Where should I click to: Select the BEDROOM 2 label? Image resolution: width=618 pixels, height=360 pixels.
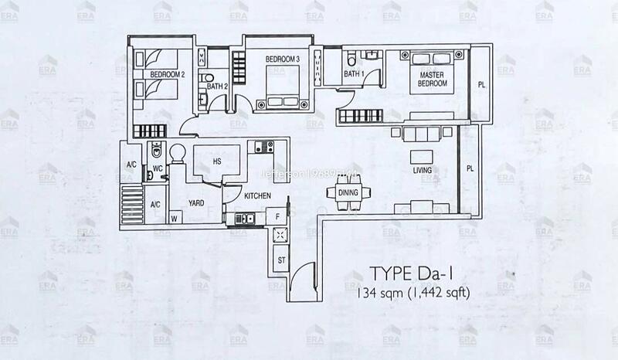[167, 74]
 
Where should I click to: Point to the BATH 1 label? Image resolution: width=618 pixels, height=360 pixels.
[353, 74]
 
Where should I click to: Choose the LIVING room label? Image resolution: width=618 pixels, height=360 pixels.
[422, 170]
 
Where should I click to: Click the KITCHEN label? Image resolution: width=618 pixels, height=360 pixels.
[256, 196]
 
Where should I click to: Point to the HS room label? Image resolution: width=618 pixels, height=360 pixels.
[219, 161]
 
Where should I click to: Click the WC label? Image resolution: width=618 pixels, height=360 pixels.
[157, 168]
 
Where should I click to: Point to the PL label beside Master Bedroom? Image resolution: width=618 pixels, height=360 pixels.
[480, 85]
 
